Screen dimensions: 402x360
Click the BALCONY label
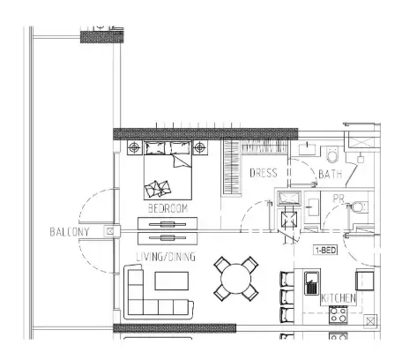pos(70,232)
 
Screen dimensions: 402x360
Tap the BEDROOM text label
pos(167,208)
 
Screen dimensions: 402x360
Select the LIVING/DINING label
pos(166,257)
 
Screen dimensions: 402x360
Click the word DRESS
pos(264,173)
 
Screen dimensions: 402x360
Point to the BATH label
pos(331,174)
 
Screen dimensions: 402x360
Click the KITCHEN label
pos(339,298)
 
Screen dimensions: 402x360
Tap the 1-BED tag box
pos(325,251)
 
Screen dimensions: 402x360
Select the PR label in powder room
pos(339,199)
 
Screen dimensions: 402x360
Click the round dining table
pos(236,279)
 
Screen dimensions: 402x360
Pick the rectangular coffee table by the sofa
pos(172,281)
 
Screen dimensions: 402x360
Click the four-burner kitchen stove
pos(338,315)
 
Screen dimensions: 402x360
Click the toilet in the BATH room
pos(332,155)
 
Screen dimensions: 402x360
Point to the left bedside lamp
pos(135,146)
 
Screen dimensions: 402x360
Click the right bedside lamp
pos(199,146)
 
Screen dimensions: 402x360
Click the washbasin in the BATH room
pos(307,149)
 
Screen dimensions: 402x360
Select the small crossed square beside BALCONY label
pos(110,231)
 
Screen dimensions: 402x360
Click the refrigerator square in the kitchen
pos(365,280)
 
